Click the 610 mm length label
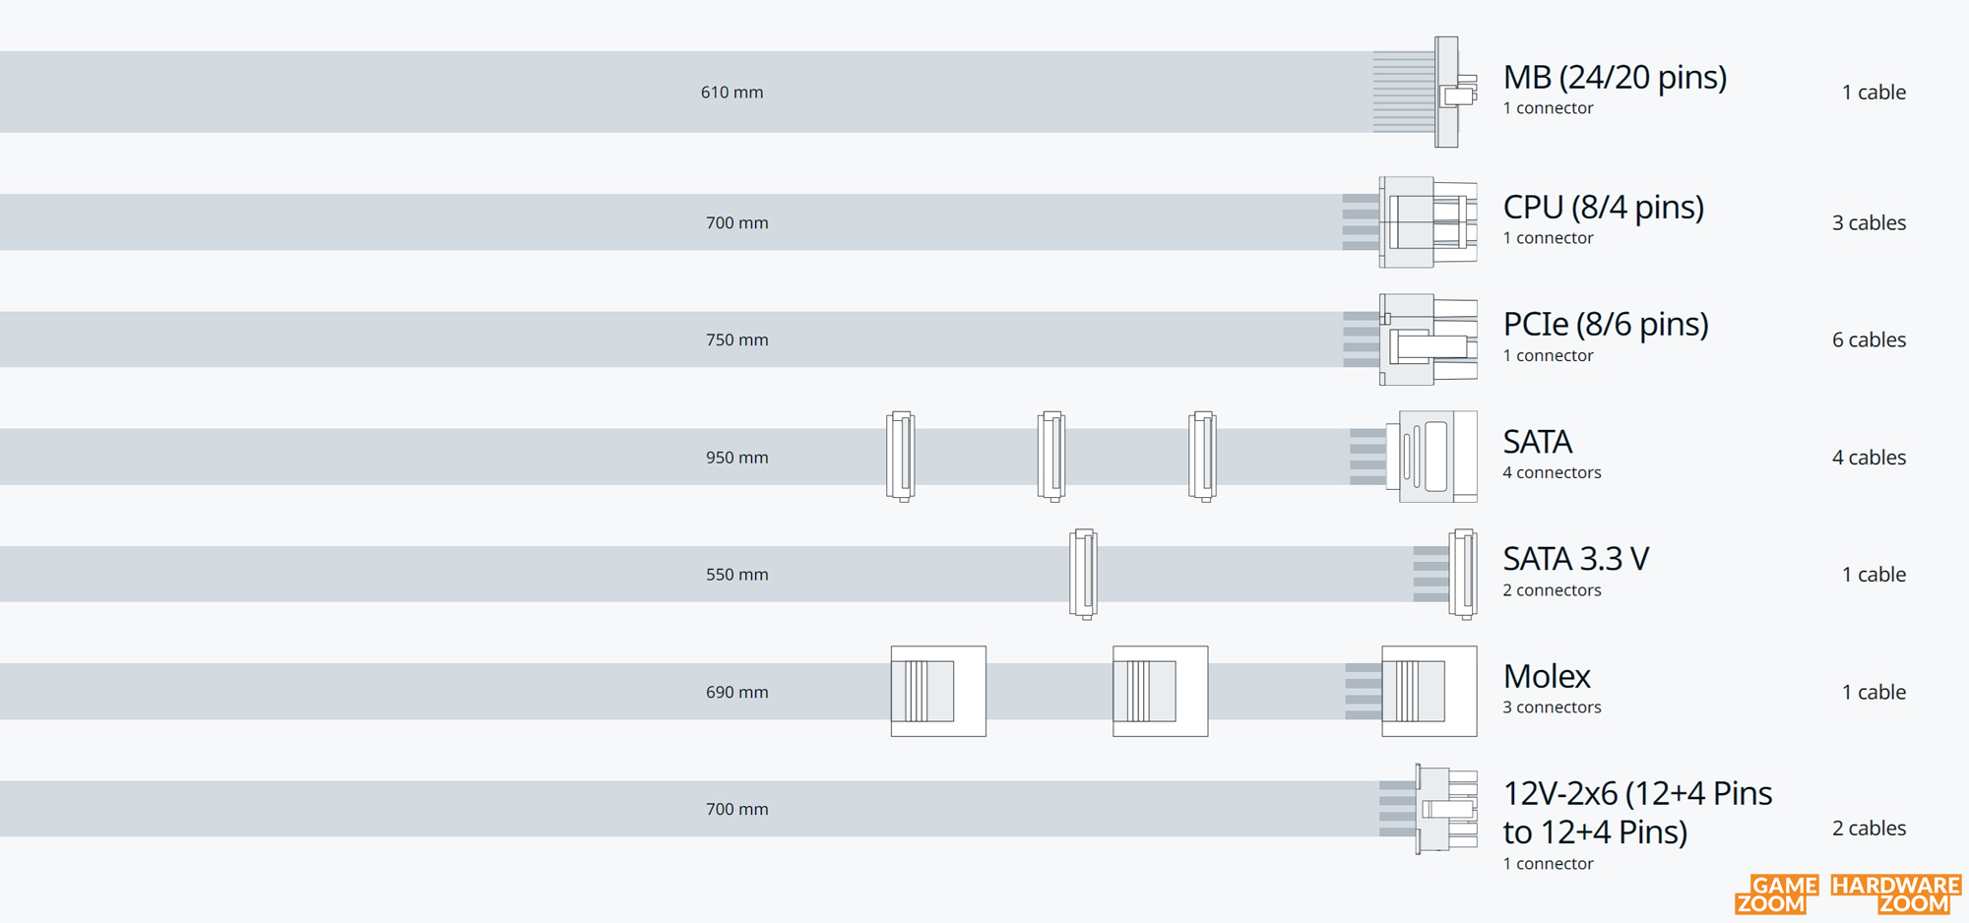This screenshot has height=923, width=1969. (731, 92)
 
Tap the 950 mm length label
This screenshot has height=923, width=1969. (736, 458)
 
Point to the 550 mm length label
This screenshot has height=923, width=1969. (736, 575)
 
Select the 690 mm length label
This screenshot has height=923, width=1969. (736, 692)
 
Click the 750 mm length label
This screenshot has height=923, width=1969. (736, 339)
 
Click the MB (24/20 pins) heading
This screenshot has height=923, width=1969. (1615, 78)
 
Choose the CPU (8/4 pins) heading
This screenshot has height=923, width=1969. (1603, 208)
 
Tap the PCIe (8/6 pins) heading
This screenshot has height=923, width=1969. (1606, 325)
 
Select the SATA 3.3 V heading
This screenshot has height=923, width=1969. (1575, 559)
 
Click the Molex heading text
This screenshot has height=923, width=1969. (1547, 676)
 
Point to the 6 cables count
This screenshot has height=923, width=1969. (1869, 339)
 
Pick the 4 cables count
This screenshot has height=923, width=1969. (1869, 458)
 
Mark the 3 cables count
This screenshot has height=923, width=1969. (1869, 222)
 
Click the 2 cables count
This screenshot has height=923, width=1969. (1869, 829)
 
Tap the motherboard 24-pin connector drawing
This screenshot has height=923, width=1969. (1426, 92)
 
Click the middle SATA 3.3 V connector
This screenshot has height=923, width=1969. (1083, 575)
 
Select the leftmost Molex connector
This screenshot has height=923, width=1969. (938, 692)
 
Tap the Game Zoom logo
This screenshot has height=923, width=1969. (1776, 894)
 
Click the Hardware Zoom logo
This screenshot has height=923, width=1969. (1896, 894)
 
